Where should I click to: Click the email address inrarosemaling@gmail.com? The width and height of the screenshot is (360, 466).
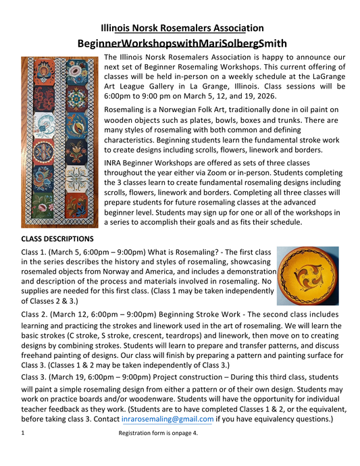(x=172, y=419)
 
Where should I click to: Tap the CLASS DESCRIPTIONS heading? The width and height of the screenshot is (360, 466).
(x=58, y=238)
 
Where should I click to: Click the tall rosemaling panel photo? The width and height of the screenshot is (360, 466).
(x=59, y=142)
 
